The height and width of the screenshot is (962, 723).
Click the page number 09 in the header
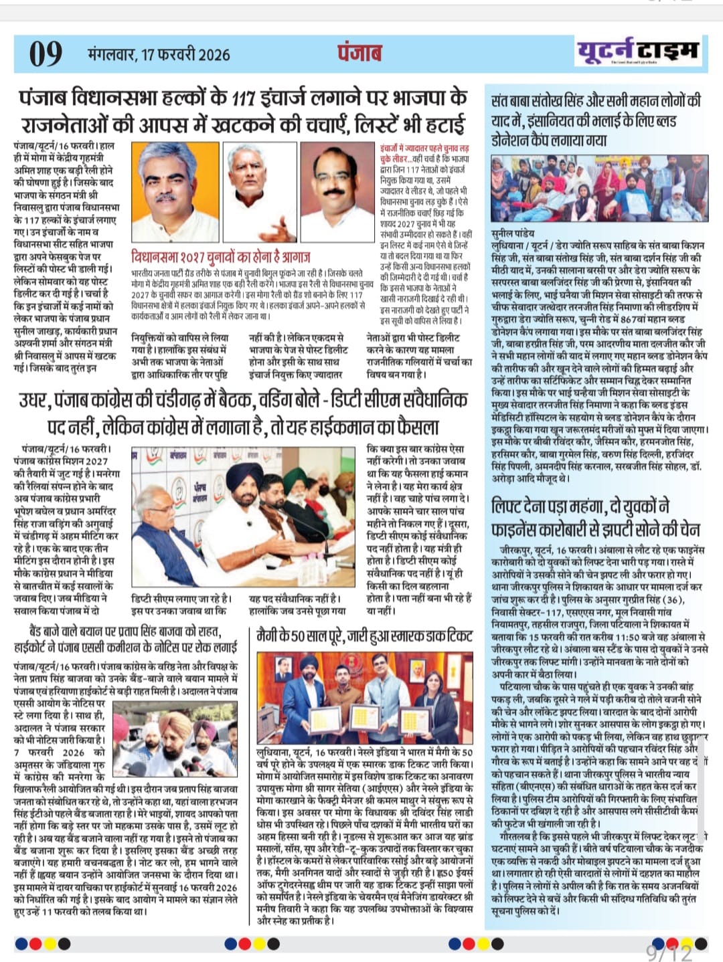(x=46, y=54)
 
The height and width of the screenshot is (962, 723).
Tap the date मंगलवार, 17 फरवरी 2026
(x=159, y=54)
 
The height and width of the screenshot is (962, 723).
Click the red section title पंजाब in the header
(x=359, y=53)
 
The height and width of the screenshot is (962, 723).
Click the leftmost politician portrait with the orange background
(x=175, y=193)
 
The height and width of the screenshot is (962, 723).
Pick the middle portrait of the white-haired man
(x=260, y=193)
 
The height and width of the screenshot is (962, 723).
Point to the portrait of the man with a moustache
(x=337, y=193)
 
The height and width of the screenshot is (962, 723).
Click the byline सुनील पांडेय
(x=513, y=233)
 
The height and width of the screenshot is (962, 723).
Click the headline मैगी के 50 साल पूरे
(x=364, y=636)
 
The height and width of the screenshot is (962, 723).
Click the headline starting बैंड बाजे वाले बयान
(x=126, y=638)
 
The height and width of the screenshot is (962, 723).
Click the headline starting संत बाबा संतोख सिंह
(x=595, y=120)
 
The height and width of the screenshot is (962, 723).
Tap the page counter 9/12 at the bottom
(x=668, y=951)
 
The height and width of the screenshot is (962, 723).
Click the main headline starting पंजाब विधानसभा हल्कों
(x=243, y=110)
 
